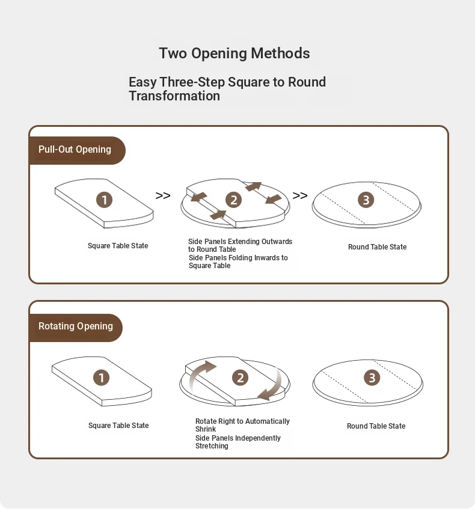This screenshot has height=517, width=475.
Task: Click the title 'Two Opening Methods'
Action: [x=234, y=54]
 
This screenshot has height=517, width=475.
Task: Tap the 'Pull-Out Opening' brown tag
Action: [x=75, y=150]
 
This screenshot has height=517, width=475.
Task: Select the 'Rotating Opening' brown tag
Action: [x=76, y=326]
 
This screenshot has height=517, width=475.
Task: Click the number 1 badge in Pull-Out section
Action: [x=105, y=200]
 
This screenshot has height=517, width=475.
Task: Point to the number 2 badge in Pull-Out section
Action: [x=233, y=200]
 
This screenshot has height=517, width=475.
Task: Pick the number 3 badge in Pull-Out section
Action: [x=366, y=200]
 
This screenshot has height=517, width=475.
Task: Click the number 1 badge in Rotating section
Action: [x=101, y=378]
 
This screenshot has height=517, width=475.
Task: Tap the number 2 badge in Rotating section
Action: [x=241, y=378]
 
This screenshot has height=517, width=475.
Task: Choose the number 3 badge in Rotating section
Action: [x=372, y=378]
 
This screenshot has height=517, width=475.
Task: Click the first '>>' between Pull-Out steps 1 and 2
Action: [x=163, y=196]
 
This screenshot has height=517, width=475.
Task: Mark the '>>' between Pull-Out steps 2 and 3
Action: [x=300, y=196]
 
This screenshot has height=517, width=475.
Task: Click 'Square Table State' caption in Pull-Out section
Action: [x=118, y=246]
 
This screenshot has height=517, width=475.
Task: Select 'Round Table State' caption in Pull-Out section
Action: [x=377, y=247]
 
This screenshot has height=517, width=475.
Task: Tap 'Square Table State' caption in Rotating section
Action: [x=118, y=426]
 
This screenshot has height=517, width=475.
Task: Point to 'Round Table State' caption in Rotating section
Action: [x=376, y=426]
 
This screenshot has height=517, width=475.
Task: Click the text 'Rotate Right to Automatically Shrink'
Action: [x=242, y=425]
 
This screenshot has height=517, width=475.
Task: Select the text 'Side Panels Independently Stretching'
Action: [x=237, y=442]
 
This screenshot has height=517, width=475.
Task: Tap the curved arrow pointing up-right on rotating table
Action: [x=201, y=373]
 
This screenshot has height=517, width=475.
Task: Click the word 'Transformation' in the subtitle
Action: [x=174, y=96]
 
